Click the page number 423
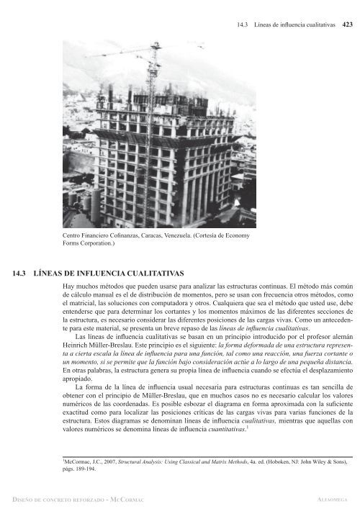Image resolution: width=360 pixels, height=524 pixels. tap(347, 24)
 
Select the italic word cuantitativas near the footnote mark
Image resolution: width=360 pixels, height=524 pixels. tap(223, 429)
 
